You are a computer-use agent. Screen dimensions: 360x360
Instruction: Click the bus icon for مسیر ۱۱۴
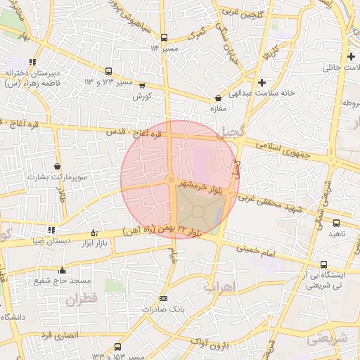pyautogui.click(x=164, y=37)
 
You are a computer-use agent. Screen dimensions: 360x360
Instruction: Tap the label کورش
pyautogui.click(x=143, y=96)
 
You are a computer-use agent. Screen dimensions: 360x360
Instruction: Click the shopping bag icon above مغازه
pyautogui.click(x=218, y=98)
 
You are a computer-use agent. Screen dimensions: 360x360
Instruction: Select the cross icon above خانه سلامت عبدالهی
pyautogui.click(x=262, y=82)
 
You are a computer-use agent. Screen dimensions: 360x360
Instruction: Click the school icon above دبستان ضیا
pyautogui.click(x=51, y=230)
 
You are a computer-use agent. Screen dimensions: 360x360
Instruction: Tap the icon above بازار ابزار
pyautogui.click(x=94, y=233)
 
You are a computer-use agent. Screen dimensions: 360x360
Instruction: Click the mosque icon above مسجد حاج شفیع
pyautogui.click(x=62, y=271)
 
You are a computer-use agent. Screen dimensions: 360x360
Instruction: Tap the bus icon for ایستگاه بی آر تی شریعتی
pyautogui.click(x=323, y=265)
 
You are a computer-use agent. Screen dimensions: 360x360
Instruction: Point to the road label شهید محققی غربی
pyautogui.click(x=282, y=205)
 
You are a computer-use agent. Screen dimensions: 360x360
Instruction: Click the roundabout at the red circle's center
pyautogui.click(x=172, y=181)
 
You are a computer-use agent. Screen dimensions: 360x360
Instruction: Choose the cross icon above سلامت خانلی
pyautogui.click(x=351, y=57)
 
